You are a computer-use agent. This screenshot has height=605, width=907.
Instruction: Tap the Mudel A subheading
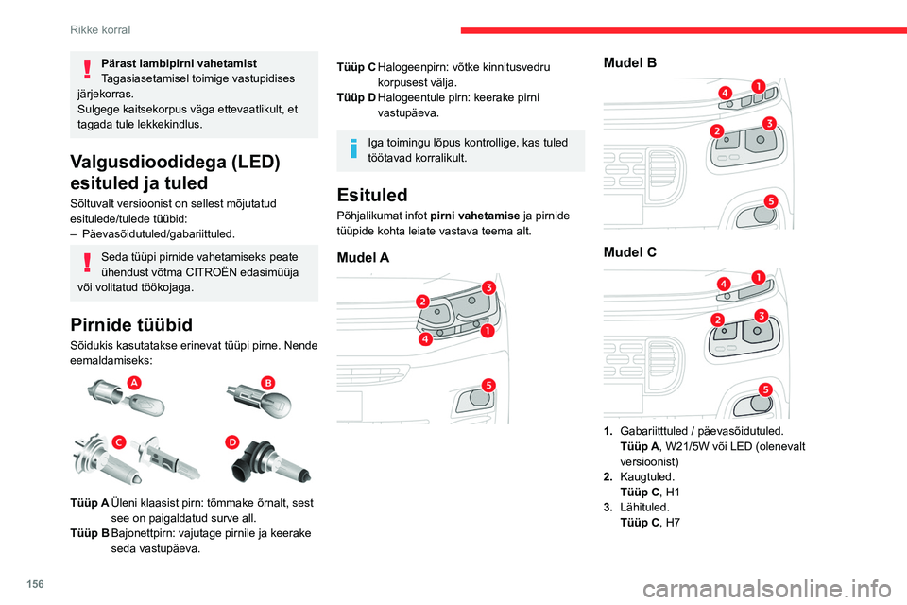pos(363,257)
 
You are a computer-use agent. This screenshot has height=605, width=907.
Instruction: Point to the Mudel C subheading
pos(630,252)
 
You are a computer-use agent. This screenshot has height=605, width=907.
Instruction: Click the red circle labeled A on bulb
pos(134,381)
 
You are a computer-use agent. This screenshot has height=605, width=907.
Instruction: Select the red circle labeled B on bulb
pos(267,382)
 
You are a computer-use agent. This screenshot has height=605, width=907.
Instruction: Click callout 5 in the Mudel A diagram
pos(488,384)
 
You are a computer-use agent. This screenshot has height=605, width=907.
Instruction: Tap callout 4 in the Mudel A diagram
pos(426,338)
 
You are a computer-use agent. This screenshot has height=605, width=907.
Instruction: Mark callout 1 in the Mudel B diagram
pos(758,86)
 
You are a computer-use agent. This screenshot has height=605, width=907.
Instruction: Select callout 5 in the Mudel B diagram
pos(771,201)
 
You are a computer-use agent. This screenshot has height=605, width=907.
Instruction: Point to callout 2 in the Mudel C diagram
pos(718,321)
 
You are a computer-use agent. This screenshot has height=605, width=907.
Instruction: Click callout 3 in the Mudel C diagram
pos(759,314)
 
